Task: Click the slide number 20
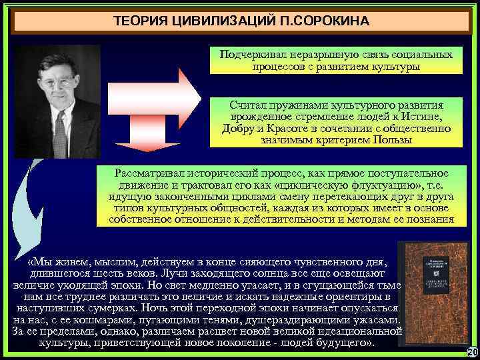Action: [x=473, y=352]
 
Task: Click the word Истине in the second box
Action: [x=434, y=117]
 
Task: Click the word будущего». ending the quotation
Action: [x=345, y=343]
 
